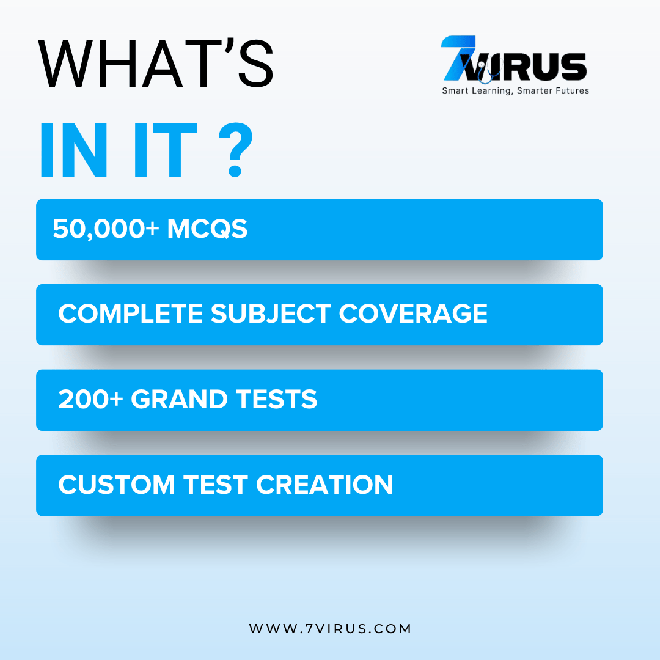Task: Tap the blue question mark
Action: (x=236, y=150)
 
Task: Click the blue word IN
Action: (x=74, y=150)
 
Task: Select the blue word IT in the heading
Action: (x=166, y=150)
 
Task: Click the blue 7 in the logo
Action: (x=458, y=58)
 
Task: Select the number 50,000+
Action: (x=106, y=229)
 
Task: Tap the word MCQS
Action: (x=207, y=229)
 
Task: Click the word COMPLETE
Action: (x=131, y=313)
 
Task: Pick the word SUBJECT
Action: (x=271, y=313)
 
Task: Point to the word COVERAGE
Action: (x=413, y=313)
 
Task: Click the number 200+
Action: (x=90, y=399)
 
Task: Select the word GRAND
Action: (x=179, y=399)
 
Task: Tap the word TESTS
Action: (x=277, y=399)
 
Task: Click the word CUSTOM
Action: (x=117, y=485)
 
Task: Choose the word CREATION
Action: (x=324, y=485)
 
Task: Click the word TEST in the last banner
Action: (x=216, y=485)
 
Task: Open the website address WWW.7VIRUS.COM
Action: (x=330, y=628)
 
